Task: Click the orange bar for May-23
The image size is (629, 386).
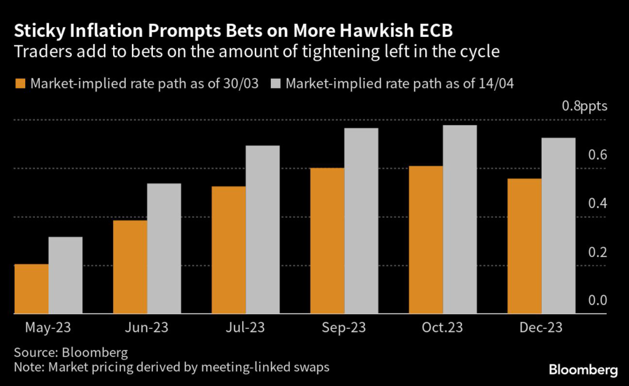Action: point(31,289)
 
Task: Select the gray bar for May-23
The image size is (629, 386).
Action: point(66,276)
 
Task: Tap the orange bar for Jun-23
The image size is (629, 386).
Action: point(130,267)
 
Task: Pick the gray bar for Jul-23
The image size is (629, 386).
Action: point(263,230)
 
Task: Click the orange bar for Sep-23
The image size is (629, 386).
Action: point(327,241)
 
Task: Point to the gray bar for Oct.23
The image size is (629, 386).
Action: point(460,220)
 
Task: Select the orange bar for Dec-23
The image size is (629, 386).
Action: point(524,246)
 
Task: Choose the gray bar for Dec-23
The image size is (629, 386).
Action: point(558,226)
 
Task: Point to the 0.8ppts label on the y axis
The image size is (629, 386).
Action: point(584,106)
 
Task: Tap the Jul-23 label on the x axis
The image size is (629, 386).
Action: point(245,328)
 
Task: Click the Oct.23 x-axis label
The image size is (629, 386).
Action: point(442,328)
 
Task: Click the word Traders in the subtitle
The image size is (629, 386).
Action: point(37,52)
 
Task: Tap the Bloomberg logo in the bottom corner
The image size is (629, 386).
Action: point(583,369)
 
